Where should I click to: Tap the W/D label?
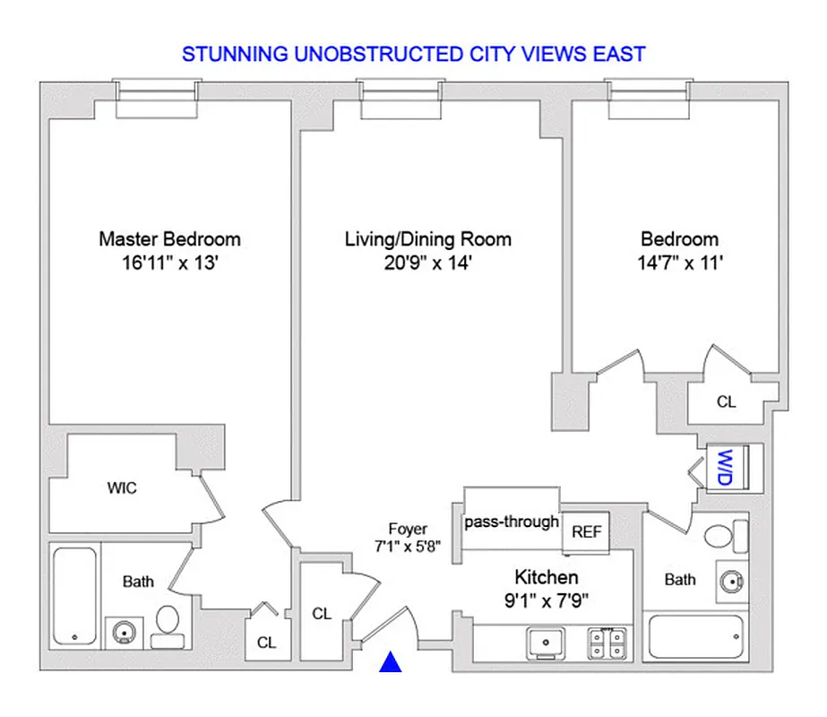[x=722, y=466]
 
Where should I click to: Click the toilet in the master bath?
[x=166, y=624]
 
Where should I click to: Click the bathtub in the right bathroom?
[x=698, y=636]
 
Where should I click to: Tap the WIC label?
[x=122, y=488]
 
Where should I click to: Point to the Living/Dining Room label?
[x=427, y=239]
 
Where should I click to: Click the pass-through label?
[x=512, y=522]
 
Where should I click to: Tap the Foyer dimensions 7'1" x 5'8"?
[x=408, y=547]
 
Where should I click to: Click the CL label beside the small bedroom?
[x=726, y=402]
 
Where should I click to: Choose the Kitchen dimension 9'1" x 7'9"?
[x=546, y=598]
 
